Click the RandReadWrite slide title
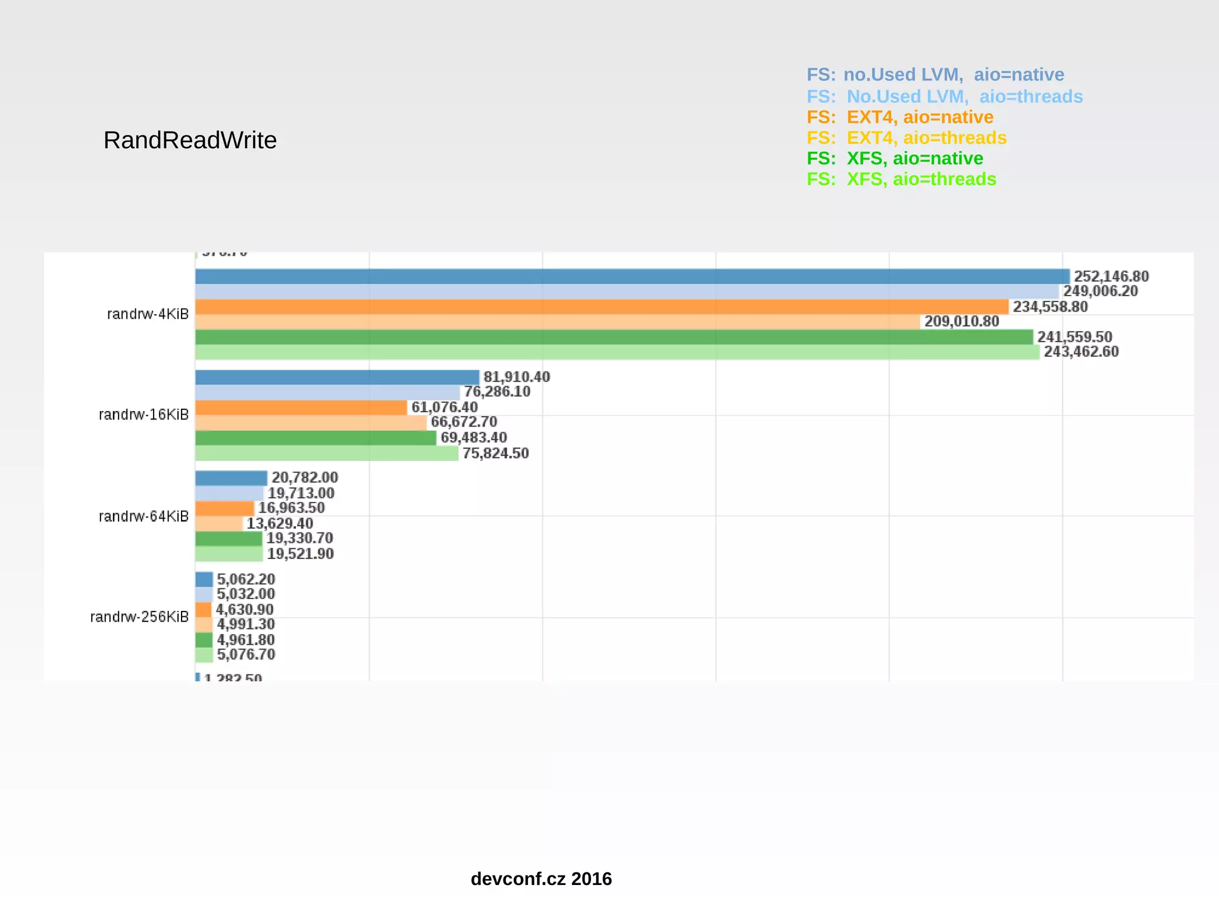[x=190, y=140]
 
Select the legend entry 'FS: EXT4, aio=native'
[x=899, y=117]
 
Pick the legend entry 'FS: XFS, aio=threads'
[x=901, y=179]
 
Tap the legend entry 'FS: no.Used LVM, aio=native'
[x=934, y=75]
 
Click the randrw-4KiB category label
[x=148, y=314]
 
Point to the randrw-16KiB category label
[x=143, y=415]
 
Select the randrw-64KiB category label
[x=143, y=516]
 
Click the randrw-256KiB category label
[x=139, y=617]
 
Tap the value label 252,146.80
[x=1111, y=277]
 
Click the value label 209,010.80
[x=961, y=322]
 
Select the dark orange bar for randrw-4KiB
[x=601, y=307]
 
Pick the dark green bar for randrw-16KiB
[x=315, y=438]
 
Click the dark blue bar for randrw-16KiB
[x=337, y=377]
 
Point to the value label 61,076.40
[x=444, y=407]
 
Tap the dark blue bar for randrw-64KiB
[x=231, y=478]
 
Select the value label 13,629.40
[x=280, y=523]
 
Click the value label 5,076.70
[x=246, y=655]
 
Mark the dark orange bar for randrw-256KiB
[x=204, y=610]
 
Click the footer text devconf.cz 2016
[x=540, y=879]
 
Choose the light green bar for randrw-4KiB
[x=617, y=352]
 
